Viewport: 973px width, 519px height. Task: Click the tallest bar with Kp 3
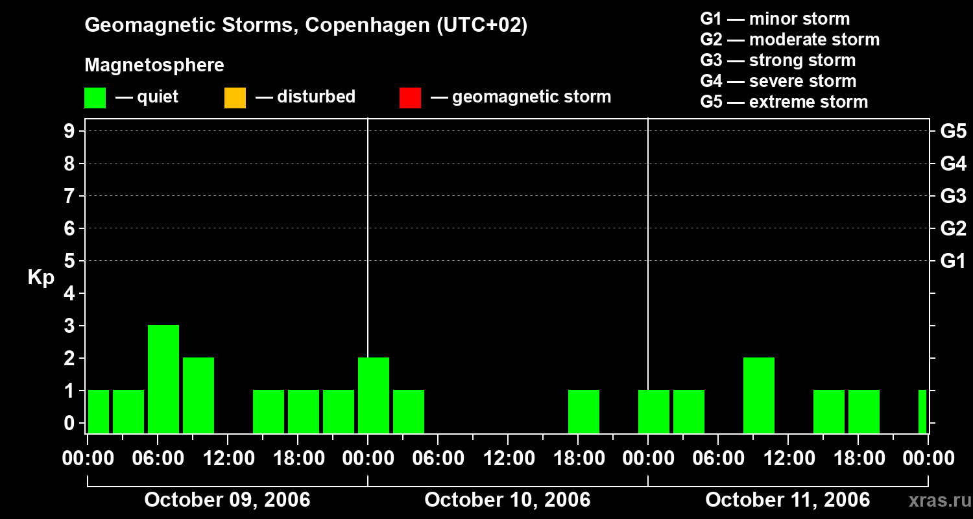(163, 378)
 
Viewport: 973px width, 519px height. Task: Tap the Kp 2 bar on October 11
(759, 394)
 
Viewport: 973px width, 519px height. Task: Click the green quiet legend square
(95, 98)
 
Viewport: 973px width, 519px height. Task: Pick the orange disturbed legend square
(235, 98)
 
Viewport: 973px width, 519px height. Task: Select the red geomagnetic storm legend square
(410, 98)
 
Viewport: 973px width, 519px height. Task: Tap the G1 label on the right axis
(953, 261)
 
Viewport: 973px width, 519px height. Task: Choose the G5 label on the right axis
(953, 132)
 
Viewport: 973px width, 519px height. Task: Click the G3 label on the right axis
(953, 197)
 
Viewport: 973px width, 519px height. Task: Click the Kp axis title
(41, 278)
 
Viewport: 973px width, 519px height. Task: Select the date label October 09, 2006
(227, 500)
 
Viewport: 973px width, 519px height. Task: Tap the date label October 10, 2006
(507, 500)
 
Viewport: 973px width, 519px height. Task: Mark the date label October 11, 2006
(787, 500)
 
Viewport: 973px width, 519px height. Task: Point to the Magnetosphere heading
(154, 66)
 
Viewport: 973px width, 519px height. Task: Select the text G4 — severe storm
(778, 81)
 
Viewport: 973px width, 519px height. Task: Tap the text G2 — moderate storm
(789, 40)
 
